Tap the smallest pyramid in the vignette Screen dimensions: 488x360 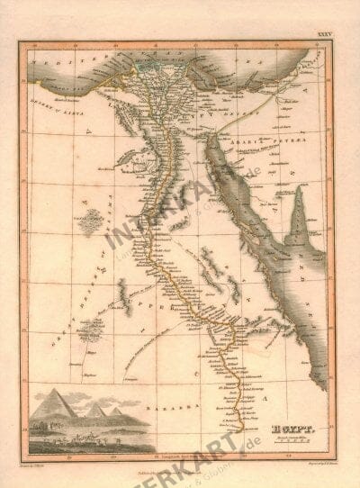[x=116, y=411]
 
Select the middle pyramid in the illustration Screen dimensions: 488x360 [x=96, y=407]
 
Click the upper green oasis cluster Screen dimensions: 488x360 [x=87, y=222]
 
